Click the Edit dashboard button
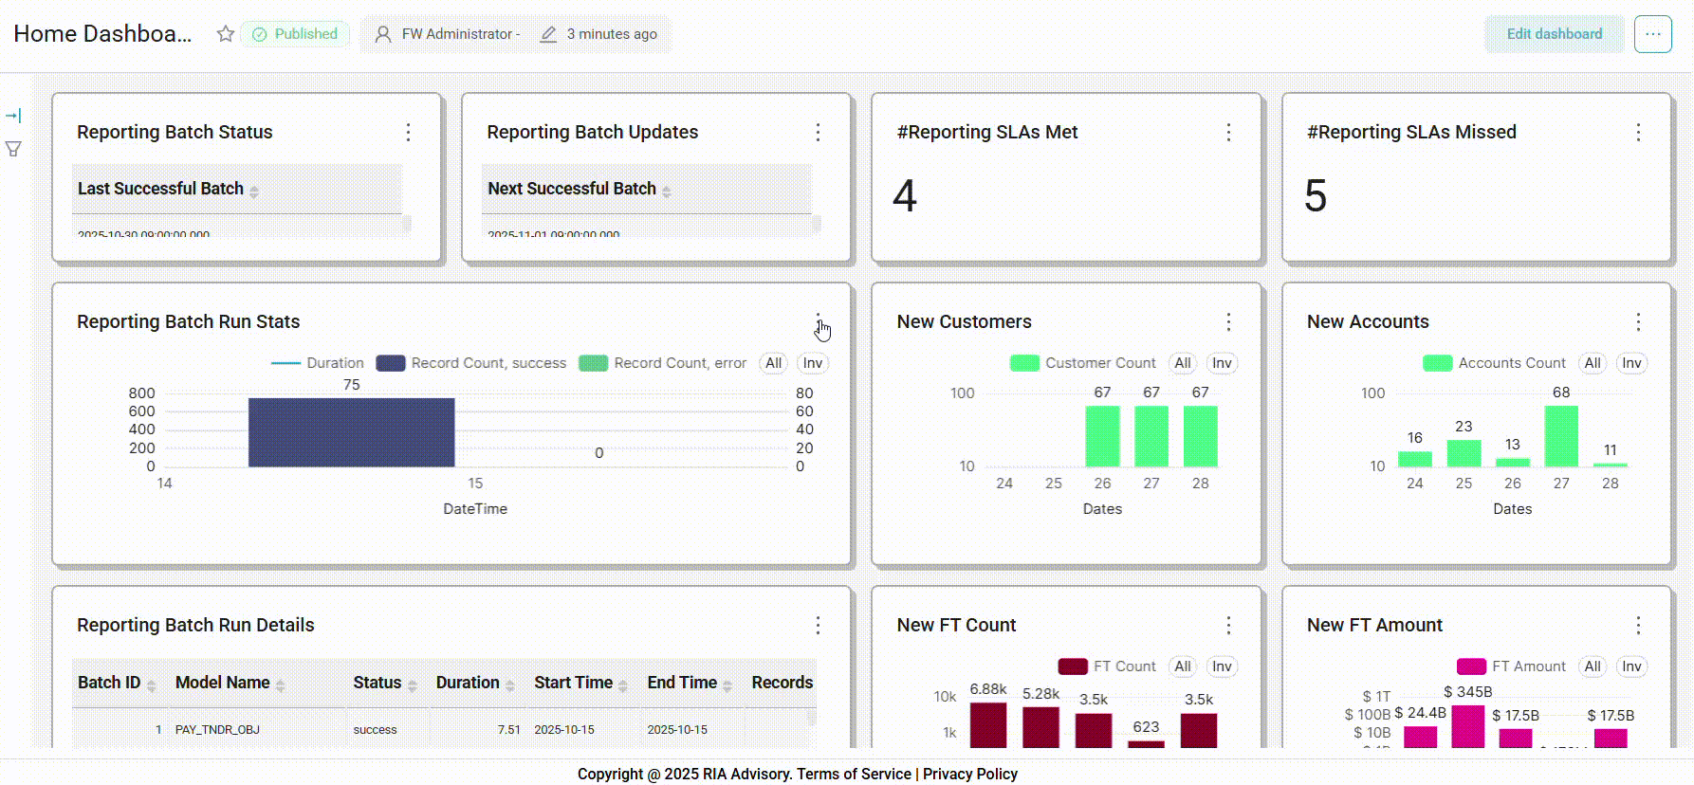(x=1554, y=34)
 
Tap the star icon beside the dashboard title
(x=225, y=34)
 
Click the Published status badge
(x=295, y=34)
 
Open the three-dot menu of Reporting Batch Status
(x=409, y=133)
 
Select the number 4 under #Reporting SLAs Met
(x=905, y=196)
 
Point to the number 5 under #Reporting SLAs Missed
(x=1316, y=196)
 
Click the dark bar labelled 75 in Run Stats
(x=351, y=432)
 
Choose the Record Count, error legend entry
(x=663, y=363)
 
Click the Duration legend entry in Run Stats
(x=318, y=363)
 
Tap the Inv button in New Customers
(x=1222, y=363)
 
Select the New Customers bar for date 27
(x=1151, y=436)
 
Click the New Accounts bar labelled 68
(x=1561, y=436)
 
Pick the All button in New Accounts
(x=1593, y=363)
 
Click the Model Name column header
(x=223, y=683)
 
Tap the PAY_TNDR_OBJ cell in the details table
(x=217, y=730)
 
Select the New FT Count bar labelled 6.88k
(x=988, y=725)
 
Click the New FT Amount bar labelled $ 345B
(x=1467, y=726)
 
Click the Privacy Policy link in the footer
(x=970, y=774)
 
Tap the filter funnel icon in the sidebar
(x=13, y=149)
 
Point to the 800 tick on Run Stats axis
(x=142, y=393)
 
